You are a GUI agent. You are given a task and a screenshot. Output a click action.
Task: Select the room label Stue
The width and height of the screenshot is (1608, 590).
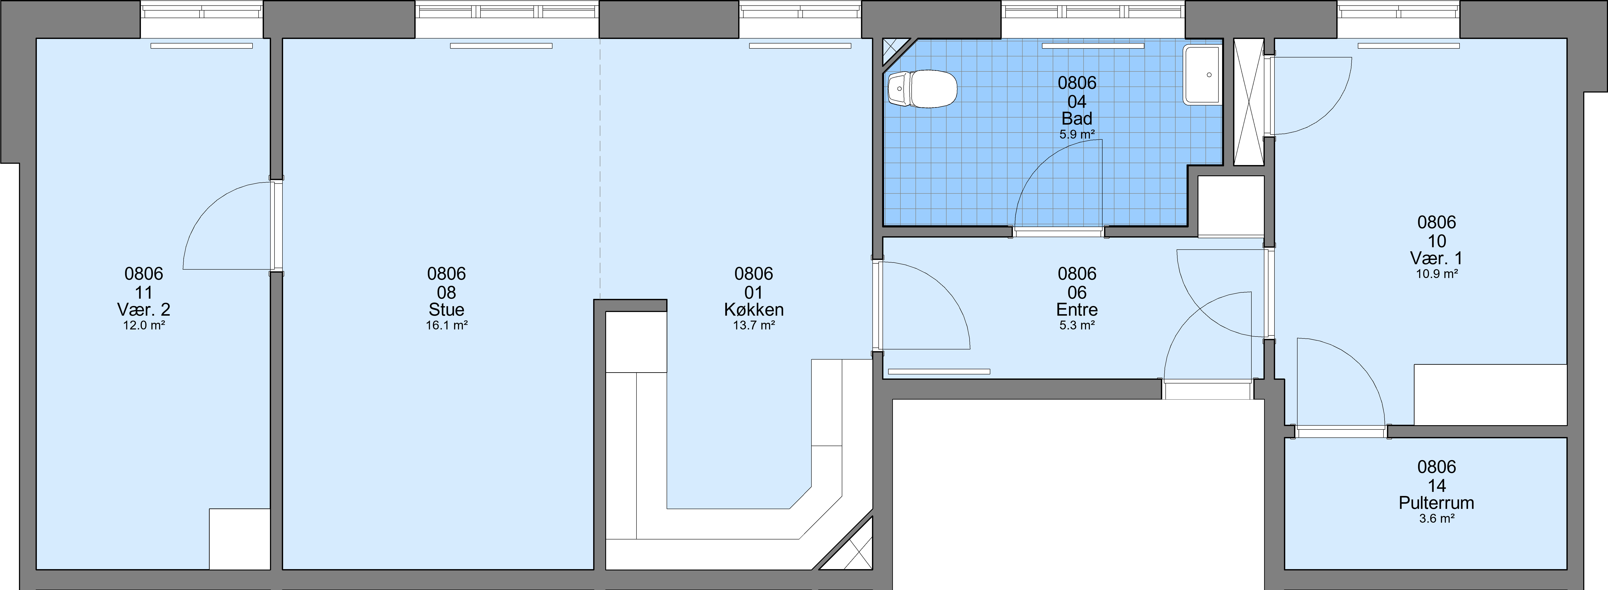point(446,309)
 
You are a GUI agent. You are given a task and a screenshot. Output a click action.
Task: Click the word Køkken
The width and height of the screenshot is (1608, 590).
point(754,309)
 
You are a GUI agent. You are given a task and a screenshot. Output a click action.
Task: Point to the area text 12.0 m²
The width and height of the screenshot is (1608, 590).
point(144,325)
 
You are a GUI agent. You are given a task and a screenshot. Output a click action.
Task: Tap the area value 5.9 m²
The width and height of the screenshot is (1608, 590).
point(1077,134)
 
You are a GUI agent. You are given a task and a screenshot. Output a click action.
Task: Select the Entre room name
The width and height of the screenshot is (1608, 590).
point(1077,309)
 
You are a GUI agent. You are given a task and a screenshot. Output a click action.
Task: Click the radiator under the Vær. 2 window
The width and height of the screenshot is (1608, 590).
point(202,46)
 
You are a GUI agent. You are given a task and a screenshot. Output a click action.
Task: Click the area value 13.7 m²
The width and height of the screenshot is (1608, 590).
point(754,325)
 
